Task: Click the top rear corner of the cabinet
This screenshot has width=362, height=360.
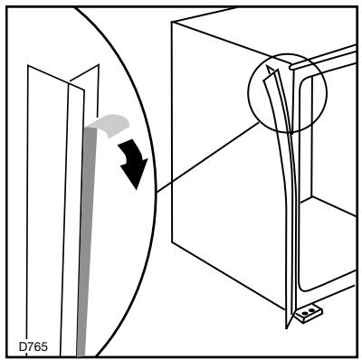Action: tap(172, 24)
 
